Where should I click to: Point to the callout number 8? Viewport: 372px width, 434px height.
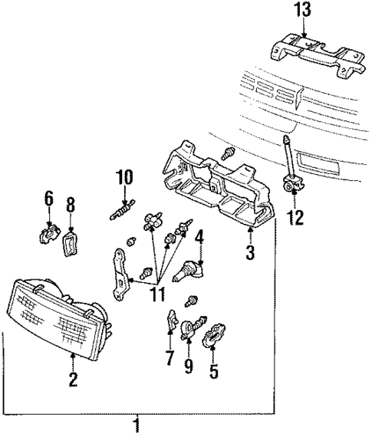coord(70,204)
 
